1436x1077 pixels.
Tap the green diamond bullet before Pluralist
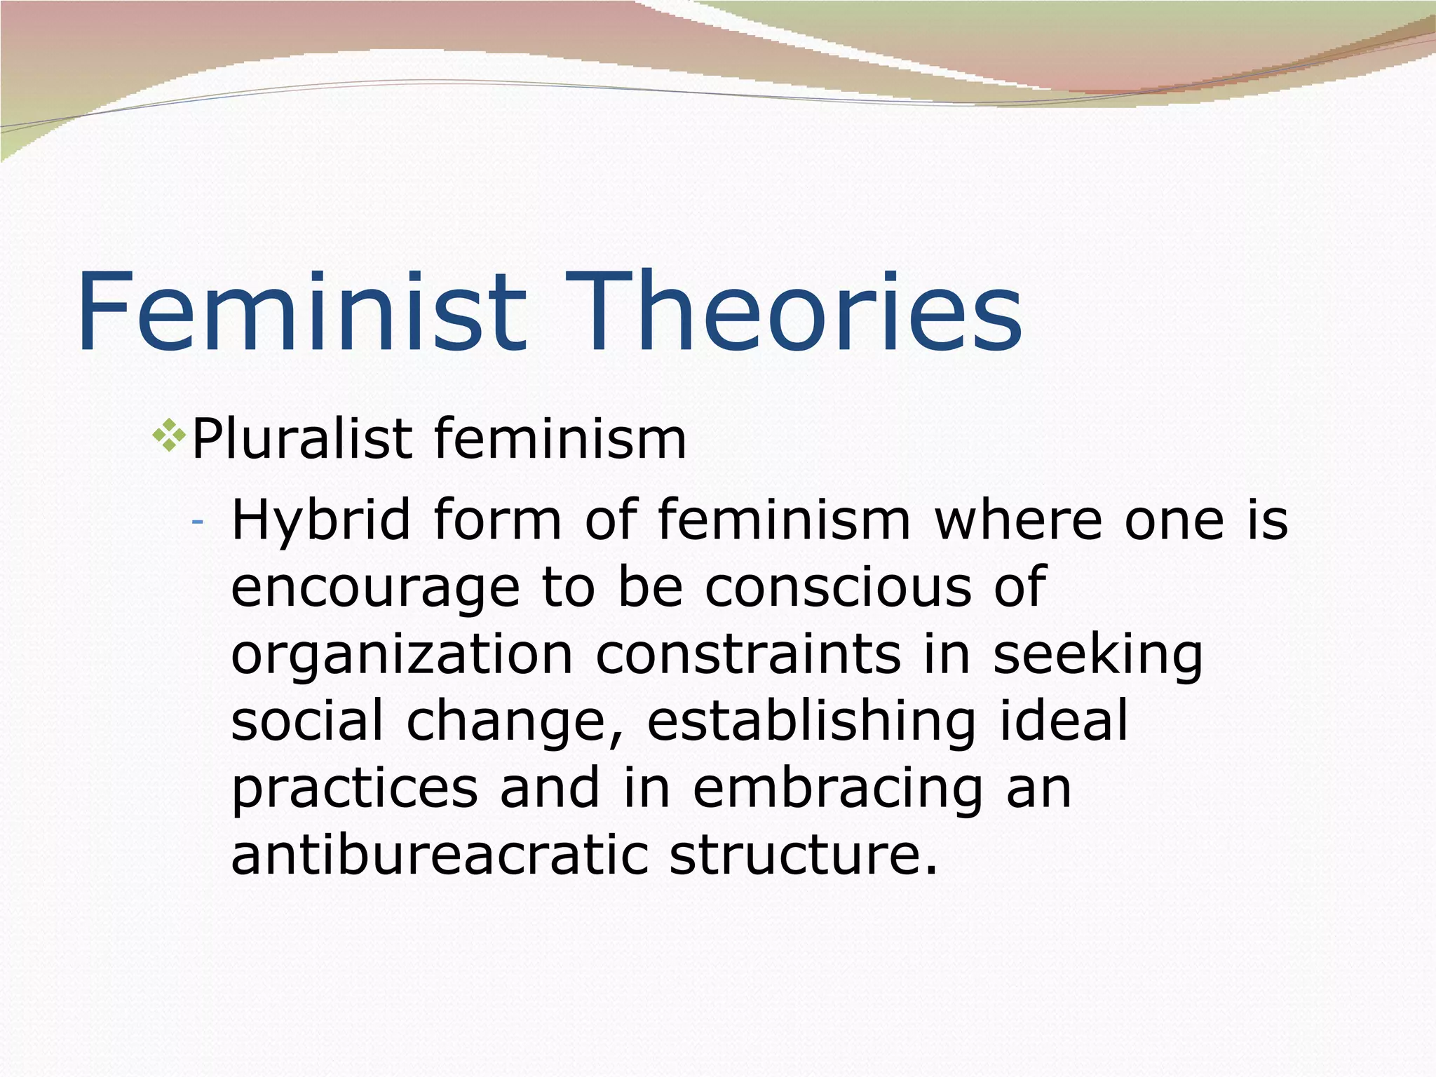click(168, 435)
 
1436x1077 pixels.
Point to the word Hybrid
click(320, 521)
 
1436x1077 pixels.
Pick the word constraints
click(748, 654)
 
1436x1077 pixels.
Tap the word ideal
click(1064, 721)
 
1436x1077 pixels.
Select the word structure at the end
click(803, 855)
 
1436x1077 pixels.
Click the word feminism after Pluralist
click(560, 440)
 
